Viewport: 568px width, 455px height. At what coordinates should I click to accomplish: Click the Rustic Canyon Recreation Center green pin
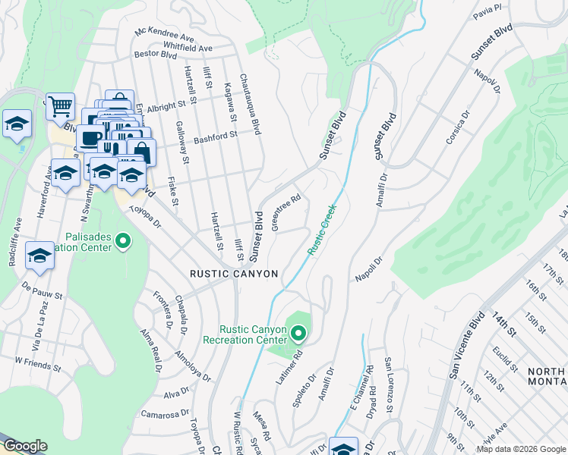[298, 333]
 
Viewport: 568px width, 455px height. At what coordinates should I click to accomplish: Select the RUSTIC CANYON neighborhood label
[234, 273]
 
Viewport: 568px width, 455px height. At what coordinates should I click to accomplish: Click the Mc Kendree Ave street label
[165, 35]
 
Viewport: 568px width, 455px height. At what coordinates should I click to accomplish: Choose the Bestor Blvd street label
[155, 55]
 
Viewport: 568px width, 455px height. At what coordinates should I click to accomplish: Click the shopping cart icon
[60, 106]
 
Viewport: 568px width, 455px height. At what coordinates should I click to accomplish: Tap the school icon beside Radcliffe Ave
[39, 256]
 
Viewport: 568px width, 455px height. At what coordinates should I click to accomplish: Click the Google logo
[24, 446]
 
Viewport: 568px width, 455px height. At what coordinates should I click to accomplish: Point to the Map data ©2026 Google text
[520, 449]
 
